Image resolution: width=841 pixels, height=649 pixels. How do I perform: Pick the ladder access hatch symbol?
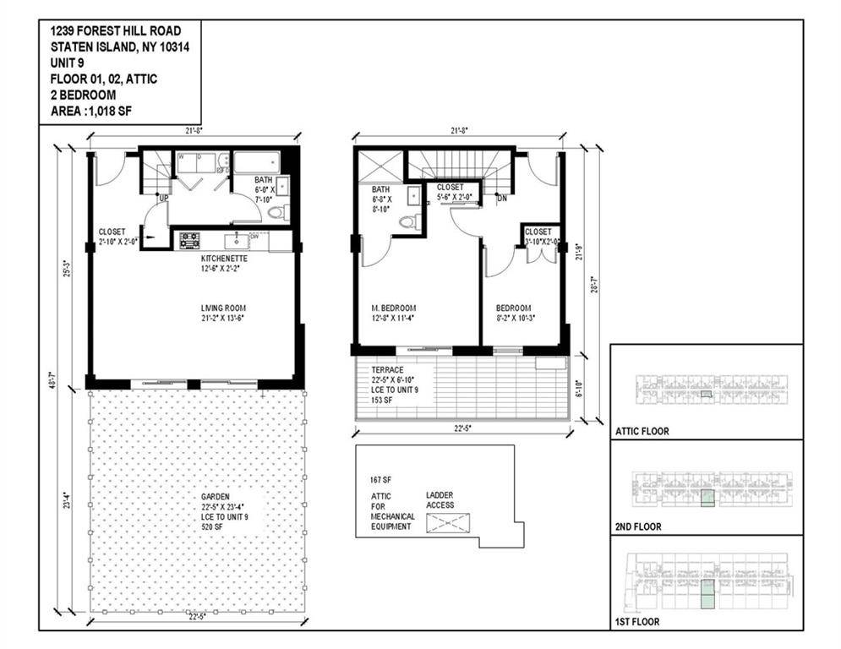448,523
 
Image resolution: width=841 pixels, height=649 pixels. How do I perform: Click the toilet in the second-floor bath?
408,223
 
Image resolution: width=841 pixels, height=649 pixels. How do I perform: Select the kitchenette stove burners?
189,240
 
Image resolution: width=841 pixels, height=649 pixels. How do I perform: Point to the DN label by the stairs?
501,199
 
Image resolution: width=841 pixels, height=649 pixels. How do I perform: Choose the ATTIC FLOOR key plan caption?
642,431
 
